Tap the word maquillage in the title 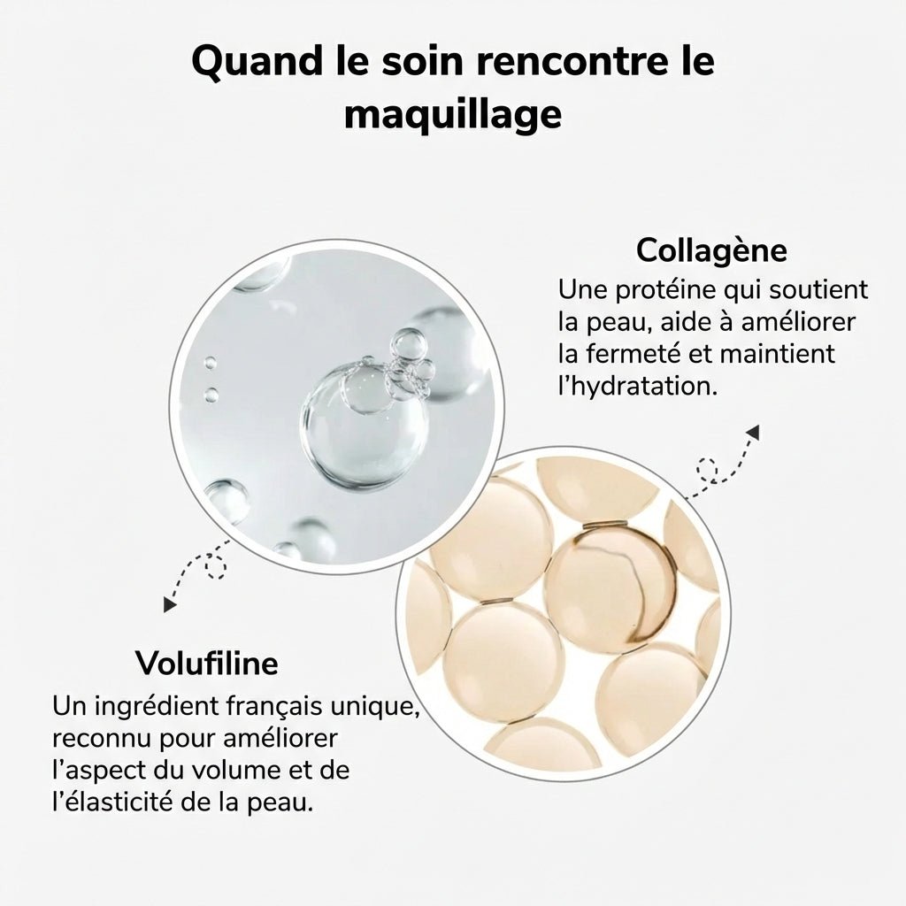tap(453, 114)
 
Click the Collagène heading tap(711, 250)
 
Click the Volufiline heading tap(207, 663)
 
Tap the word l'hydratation tap(636, 387)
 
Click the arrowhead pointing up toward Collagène tap(753, 432)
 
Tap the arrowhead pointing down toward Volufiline tap(167, 605)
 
